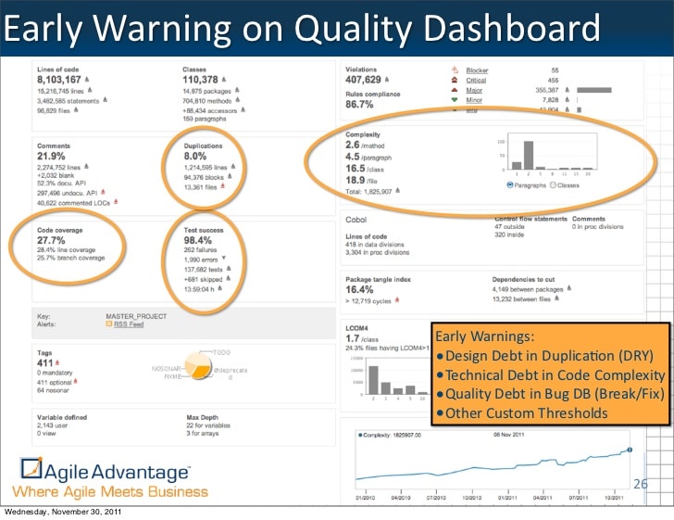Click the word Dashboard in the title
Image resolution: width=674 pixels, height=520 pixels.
tap(505, 30)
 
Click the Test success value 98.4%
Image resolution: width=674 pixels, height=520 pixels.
tap(200, 239)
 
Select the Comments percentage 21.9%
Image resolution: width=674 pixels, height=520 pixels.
tap(51, 156)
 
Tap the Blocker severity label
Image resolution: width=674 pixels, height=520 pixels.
tap(477, 70)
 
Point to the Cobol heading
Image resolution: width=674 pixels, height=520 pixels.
tap(357, 219)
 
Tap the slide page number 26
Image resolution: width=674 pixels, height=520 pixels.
tap(640, 483)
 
